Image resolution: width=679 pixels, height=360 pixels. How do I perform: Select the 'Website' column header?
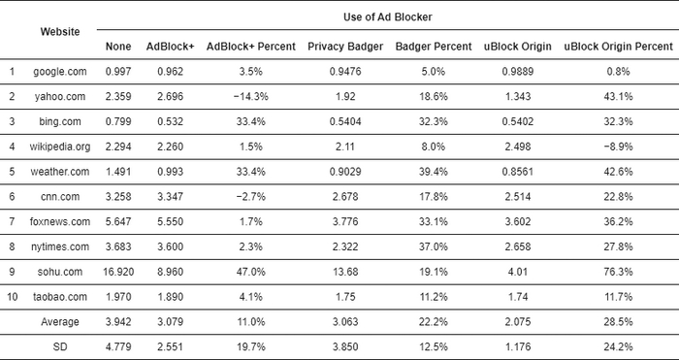click(60, 31)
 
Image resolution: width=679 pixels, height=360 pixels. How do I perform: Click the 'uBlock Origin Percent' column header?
click(617, 47)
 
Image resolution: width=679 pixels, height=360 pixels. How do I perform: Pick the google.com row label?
click(60, 72)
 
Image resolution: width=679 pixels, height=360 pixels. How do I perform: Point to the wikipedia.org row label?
click(60, 147)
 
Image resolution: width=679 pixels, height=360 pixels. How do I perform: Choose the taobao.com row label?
click(60, 297)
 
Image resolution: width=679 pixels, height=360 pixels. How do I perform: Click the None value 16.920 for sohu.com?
click(117, 272)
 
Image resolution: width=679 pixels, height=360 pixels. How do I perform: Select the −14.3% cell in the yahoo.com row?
click(238, 97)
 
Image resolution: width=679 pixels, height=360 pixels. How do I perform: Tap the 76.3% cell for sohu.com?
click(617, 272)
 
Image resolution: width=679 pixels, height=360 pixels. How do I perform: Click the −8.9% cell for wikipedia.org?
click(617, 147)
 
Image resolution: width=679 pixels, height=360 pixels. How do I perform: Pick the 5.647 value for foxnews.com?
click(117, 222)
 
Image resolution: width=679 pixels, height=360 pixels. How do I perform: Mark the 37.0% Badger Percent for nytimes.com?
click(434, 246)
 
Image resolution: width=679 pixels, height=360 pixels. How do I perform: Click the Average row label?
click(60, 322)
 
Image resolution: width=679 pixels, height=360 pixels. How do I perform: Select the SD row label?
click(60, 346)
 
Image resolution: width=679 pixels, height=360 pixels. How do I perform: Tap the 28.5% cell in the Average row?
click(617, 322)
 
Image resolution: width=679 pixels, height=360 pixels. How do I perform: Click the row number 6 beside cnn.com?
click(13, 197)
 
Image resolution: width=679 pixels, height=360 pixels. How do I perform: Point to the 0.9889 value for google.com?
click(517, 72)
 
